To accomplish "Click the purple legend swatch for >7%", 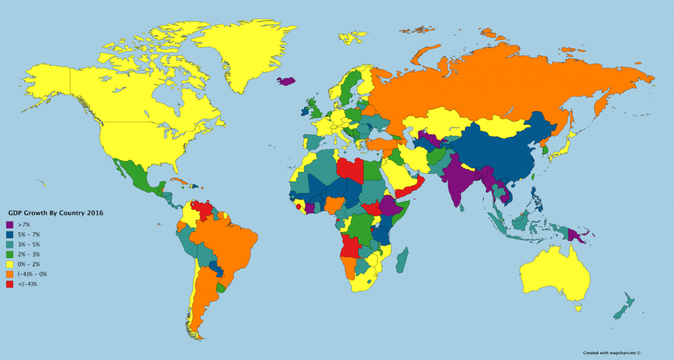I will [10, 225].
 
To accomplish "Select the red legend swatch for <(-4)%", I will [10, 284].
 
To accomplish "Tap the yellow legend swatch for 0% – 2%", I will [10, 265].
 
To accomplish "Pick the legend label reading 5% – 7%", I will [29, 235].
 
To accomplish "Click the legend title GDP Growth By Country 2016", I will [56, 213].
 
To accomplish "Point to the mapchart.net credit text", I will [611, 353].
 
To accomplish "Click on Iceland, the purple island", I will [286, 82].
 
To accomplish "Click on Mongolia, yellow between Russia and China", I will [504, 126].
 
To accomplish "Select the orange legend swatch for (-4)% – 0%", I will [10, 274].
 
